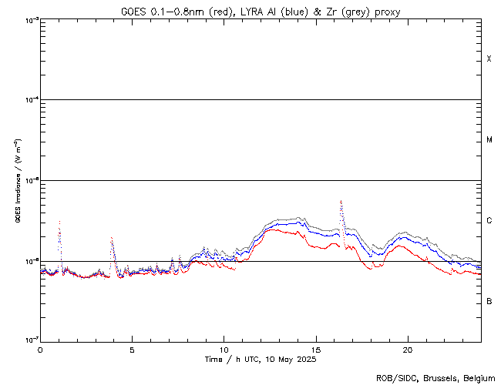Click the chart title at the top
(x=261, y=12)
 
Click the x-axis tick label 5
(x=132, y=349)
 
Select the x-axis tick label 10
(x=224, y=349)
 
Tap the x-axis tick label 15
(x=315, y=349)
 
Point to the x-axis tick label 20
(x=407, y=349)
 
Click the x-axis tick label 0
(x=40, y=349)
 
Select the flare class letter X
(x=489, y=59)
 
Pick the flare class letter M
(x=489, y=140)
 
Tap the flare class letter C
(x=489, y=221)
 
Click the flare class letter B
(x=489, y=301)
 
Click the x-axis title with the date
(x=261, y=359)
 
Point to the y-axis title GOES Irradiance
(x=17, y=181)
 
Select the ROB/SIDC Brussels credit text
(x=435, y=378)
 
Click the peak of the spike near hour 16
(x=341, y=201)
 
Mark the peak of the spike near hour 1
(x=59, y=221)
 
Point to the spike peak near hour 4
(x=112, y=237)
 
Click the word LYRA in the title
(x=234, y=12)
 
